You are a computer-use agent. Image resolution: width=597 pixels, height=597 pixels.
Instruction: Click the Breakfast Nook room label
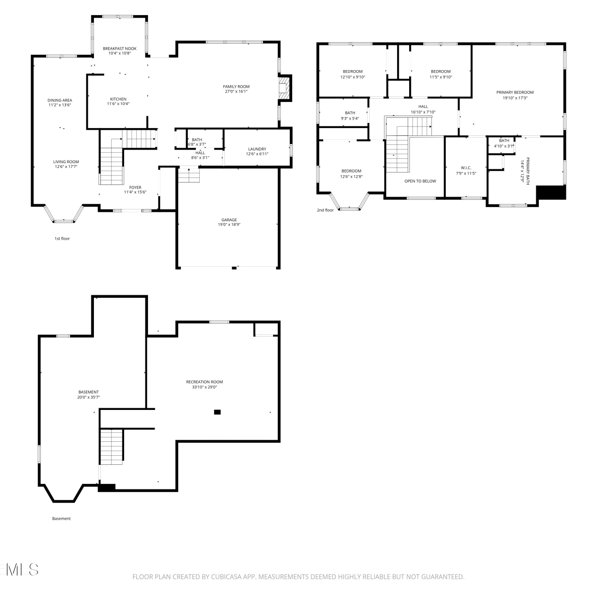click(x=119, y=49)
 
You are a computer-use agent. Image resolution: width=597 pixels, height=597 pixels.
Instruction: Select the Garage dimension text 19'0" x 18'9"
click(x=229, y=224)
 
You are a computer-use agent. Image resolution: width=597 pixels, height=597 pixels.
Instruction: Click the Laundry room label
click(x=257, y=149)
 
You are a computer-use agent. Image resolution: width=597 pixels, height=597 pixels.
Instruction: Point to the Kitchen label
click(x=118, y=99)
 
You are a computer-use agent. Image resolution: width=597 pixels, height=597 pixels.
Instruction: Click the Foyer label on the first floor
click(x=135, y=187)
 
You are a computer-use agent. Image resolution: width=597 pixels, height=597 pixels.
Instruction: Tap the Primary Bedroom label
click(x=515, y=92)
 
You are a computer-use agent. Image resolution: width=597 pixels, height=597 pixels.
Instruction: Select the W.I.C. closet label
click(x=466, y=168)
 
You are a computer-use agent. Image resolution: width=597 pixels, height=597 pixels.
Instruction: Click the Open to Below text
click(x=420, y=181)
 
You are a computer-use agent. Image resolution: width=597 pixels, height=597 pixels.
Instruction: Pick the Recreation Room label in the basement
click(x=205, y=382)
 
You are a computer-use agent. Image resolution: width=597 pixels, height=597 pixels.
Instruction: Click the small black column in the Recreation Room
click(x=217, y=412)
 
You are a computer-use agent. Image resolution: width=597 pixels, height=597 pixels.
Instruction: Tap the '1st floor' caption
click(x=62, y=239)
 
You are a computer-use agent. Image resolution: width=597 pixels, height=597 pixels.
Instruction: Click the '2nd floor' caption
click(x=325, y=210)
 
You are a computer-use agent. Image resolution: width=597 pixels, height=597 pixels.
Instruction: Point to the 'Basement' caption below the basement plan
click(x=61, y=519)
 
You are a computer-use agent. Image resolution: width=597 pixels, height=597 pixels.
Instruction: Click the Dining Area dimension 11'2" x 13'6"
click(x=59, y=105)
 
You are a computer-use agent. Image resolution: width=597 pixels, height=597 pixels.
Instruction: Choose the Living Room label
click(x=66, y=162)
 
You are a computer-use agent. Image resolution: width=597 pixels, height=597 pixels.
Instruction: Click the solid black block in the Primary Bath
click(x=551, y=193)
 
